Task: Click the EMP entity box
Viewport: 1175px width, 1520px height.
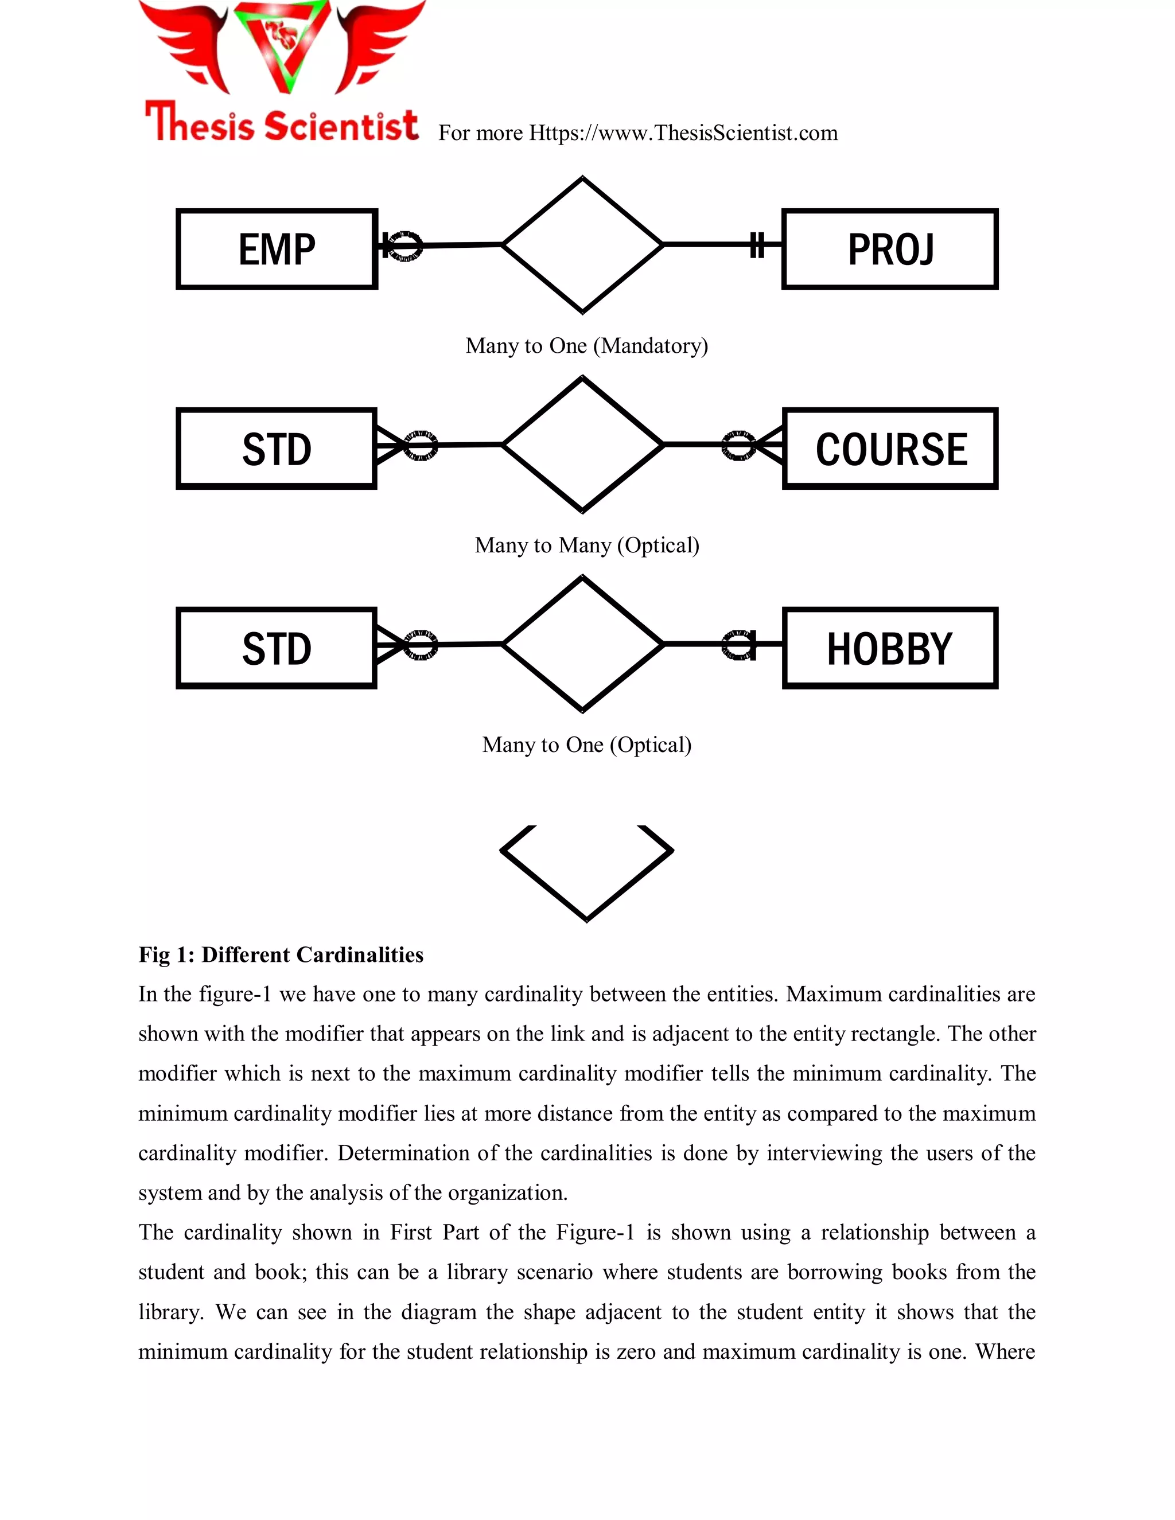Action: coord(277,249)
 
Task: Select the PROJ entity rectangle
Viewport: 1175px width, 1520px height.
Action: coord(890,249)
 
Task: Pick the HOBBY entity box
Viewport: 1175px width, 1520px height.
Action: coord(890,649)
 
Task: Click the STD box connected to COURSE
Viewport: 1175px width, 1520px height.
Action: coord(277,449)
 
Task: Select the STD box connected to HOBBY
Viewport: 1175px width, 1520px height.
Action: coord(277,649)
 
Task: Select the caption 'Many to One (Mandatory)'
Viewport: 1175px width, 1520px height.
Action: coord(587,346)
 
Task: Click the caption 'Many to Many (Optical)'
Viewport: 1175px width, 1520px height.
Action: coord(587,545)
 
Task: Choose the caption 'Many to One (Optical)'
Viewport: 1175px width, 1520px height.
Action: coord(587,746)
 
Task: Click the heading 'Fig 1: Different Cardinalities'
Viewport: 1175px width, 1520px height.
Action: coord(281,955)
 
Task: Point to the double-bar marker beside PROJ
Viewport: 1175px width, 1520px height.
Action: coord(757,245)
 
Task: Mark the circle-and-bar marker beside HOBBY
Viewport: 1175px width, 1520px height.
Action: coord(739,645)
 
